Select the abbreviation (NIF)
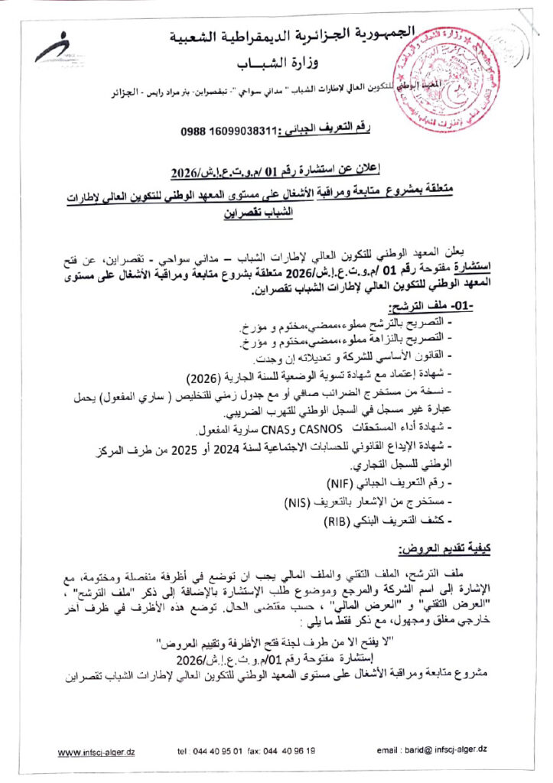tap(328, 483)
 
